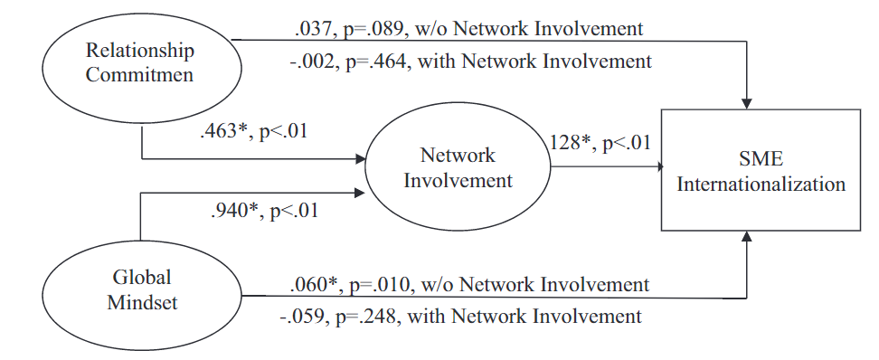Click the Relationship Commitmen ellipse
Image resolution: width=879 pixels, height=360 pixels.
(140, 62)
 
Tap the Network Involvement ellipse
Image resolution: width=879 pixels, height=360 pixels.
(458, 167)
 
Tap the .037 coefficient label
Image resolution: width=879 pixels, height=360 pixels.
(314, 29)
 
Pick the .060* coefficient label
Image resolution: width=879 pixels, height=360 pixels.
(316, 284)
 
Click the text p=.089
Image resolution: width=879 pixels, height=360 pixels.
(377, 29)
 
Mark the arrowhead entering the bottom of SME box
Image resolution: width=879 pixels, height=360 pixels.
(748, 238)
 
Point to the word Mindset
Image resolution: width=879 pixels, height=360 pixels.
(142, 302)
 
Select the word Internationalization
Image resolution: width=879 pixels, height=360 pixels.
(761, 185)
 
